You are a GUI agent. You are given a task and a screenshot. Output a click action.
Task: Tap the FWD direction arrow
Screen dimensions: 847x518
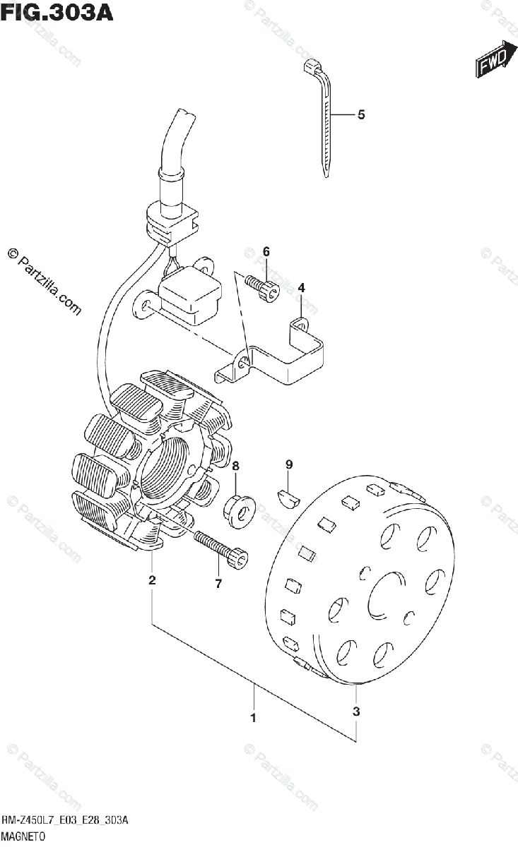pos(492,64)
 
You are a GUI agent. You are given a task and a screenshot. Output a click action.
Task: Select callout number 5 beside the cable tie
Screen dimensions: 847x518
pos(360,114)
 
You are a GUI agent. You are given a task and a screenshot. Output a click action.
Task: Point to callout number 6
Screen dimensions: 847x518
pos(266,251)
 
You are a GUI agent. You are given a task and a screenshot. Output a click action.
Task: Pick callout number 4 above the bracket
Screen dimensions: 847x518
pos(301,288)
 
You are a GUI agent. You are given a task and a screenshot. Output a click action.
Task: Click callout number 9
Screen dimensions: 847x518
pos(288,464)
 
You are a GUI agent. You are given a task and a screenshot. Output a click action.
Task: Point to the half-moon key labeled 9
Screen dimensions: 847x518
pos(288,495)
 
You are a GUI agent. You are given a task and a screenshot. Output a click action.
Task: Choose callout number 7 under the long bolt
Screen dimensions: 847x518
pos(218,583)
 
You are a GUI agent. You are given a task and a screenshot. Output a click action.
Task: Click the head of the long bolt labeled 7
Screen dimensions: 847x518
pos(237,560)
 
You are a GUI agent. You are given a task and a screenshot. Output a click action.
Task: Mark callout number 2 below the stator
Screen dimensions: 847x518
pos(152,581)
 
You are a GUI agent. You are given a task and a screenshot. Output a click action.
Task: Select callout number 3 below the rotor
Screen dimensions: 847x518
pos(356,711)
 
